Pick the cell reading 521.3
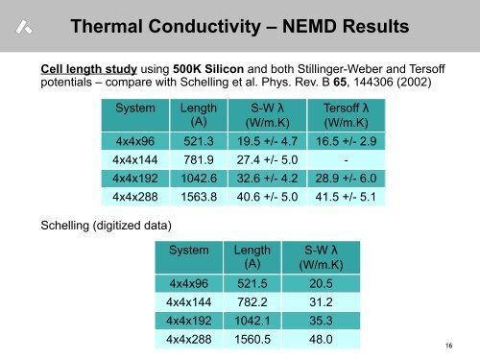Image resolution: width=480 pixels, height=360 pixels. [x=199, y=140]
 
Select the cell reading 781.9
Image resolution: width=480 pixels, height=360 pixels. [x=199, y=159]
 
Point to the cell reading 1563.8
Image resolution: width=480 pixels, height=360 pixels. [x=199, y=198]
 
